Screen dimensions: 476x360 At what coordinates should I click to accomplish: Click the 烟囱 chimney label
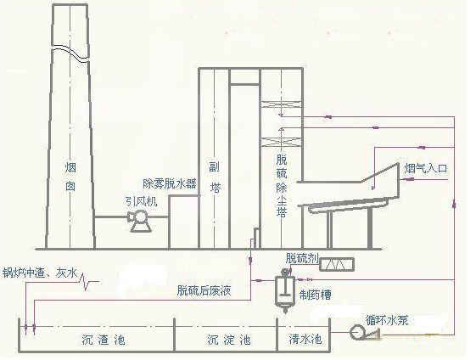(70, 177)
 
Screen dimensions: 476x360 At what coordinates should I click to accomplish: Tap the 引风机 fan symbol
(140, 221)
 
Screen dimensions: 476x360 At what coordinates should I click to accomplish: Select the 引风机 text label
(142, 201)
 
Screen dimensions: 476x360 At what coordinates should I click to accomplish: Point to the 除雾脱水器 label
(170, 183)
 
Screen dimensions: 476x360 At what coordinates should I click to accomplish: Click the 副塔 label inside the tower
(215, 177)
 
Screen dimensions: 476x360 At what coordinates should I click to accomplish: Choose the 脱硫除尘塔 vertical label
(282, 186)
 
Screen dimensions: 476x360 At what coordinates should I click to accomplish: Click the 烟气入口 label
(426, 168)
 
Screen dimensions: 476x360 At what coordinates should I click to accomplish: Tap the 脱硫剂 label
(302, 258)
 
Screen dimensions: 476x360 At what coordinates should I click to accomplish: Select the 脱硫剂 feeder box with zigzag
(336, 264)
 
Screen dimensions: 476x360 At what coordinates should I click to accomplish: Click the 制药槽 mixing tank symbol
(285, 290)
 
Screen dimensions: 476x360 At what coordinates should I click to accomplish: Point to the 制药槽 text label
(315, 295)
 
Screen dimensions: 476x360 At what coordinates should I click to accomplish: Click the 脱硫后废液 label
(204, 290)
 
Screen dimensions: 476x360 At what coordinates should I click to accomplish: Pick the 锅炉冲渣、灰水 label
(40, 273)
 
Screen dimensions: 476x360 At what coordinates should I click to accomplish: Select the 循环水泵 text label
(387, 320)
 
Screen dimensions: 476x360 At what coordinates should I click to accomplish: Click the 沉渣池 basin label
(104, 340)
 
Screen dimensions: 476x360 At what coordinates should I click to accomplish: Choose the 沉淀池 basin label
(229, 340)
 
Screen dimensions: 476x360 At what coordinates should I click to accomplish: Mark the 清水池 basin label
(305, 339)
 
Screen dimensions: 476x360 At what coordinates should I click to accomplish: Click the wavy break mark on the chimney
(70, 53)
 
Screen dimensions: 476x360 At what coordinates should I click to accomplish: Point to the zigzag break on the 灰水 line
(86, 281)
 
